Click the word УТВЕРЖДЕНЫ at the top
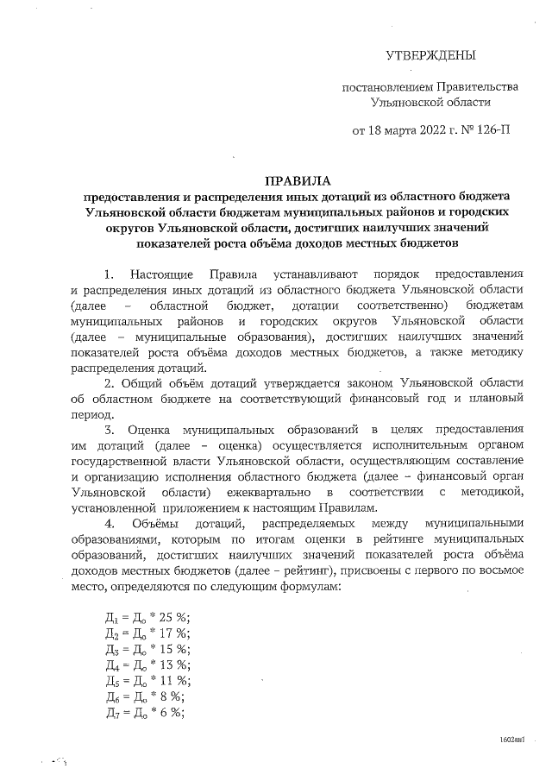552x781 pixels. click(x=430, y=56)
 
